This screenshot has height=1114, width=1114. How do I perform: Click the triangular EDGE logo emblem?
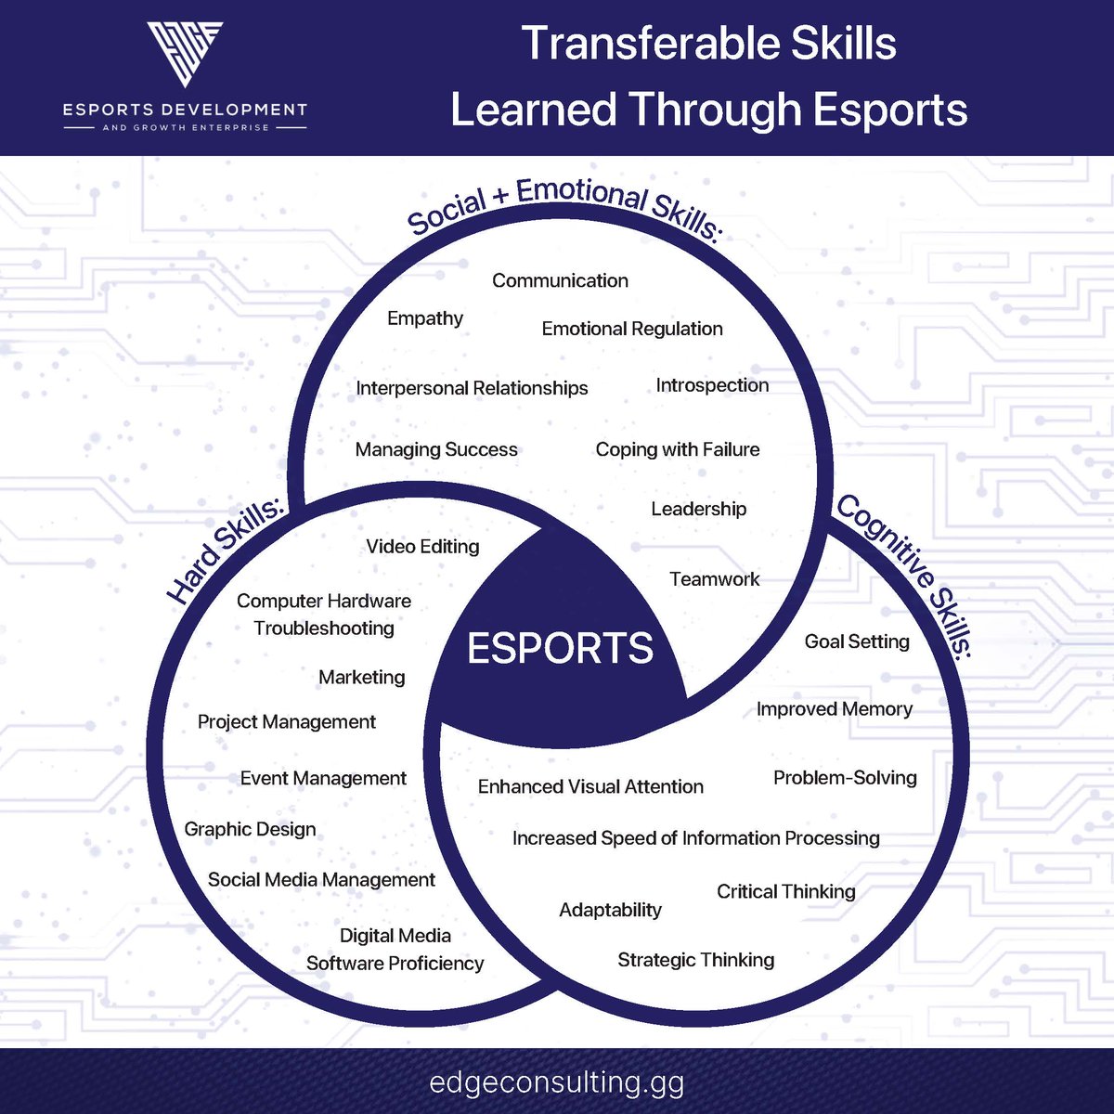click(x=185, y=54)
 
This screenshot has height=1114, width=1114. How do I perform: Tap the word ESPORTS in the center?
click(x=560, y=648)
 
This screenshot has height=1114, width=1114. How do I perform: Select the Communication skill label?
click(x=560, y=280)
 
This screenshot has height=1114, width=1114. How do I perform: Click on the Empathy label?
click(x=425, y=318)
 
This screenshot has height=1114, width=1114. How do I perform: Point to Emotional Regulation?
click(x=632, y=329)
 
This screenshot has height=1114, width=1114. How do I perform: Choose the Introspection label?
click(x=712, y=385)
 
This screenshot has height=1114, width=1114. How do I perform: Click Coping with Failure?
click(x=678, y=449)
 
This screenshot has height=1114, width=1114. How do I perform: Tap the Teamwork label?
click(x=714, y=579)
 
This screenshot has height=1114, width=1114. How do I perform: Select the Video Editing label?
click(x=422, y=547)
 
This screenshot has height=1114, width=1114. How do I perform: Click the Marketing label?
click(x=362, y=678)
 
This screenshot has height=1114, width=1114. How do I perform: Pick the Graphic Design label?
click(x=250, y=829)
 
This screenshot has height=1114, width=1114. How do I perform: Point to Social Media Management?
click(x=321, y=880)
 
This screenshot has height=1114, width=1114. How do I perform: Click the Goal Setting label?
click(x=857, y=641)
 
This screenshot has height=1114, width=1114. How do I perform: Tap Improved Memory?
click(x=835, y=709)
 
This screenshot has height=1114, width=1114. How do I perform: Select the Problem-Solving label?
click(x=845, y=778)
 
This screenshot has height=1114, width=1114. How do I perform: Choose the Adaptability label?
click(x=610, y=910)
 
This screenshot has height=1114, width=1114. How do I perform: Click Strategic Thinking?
click(x=696, y=960)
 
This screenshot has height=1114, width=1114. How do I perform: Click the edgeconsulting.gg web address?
click(x=557, y=1082)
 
